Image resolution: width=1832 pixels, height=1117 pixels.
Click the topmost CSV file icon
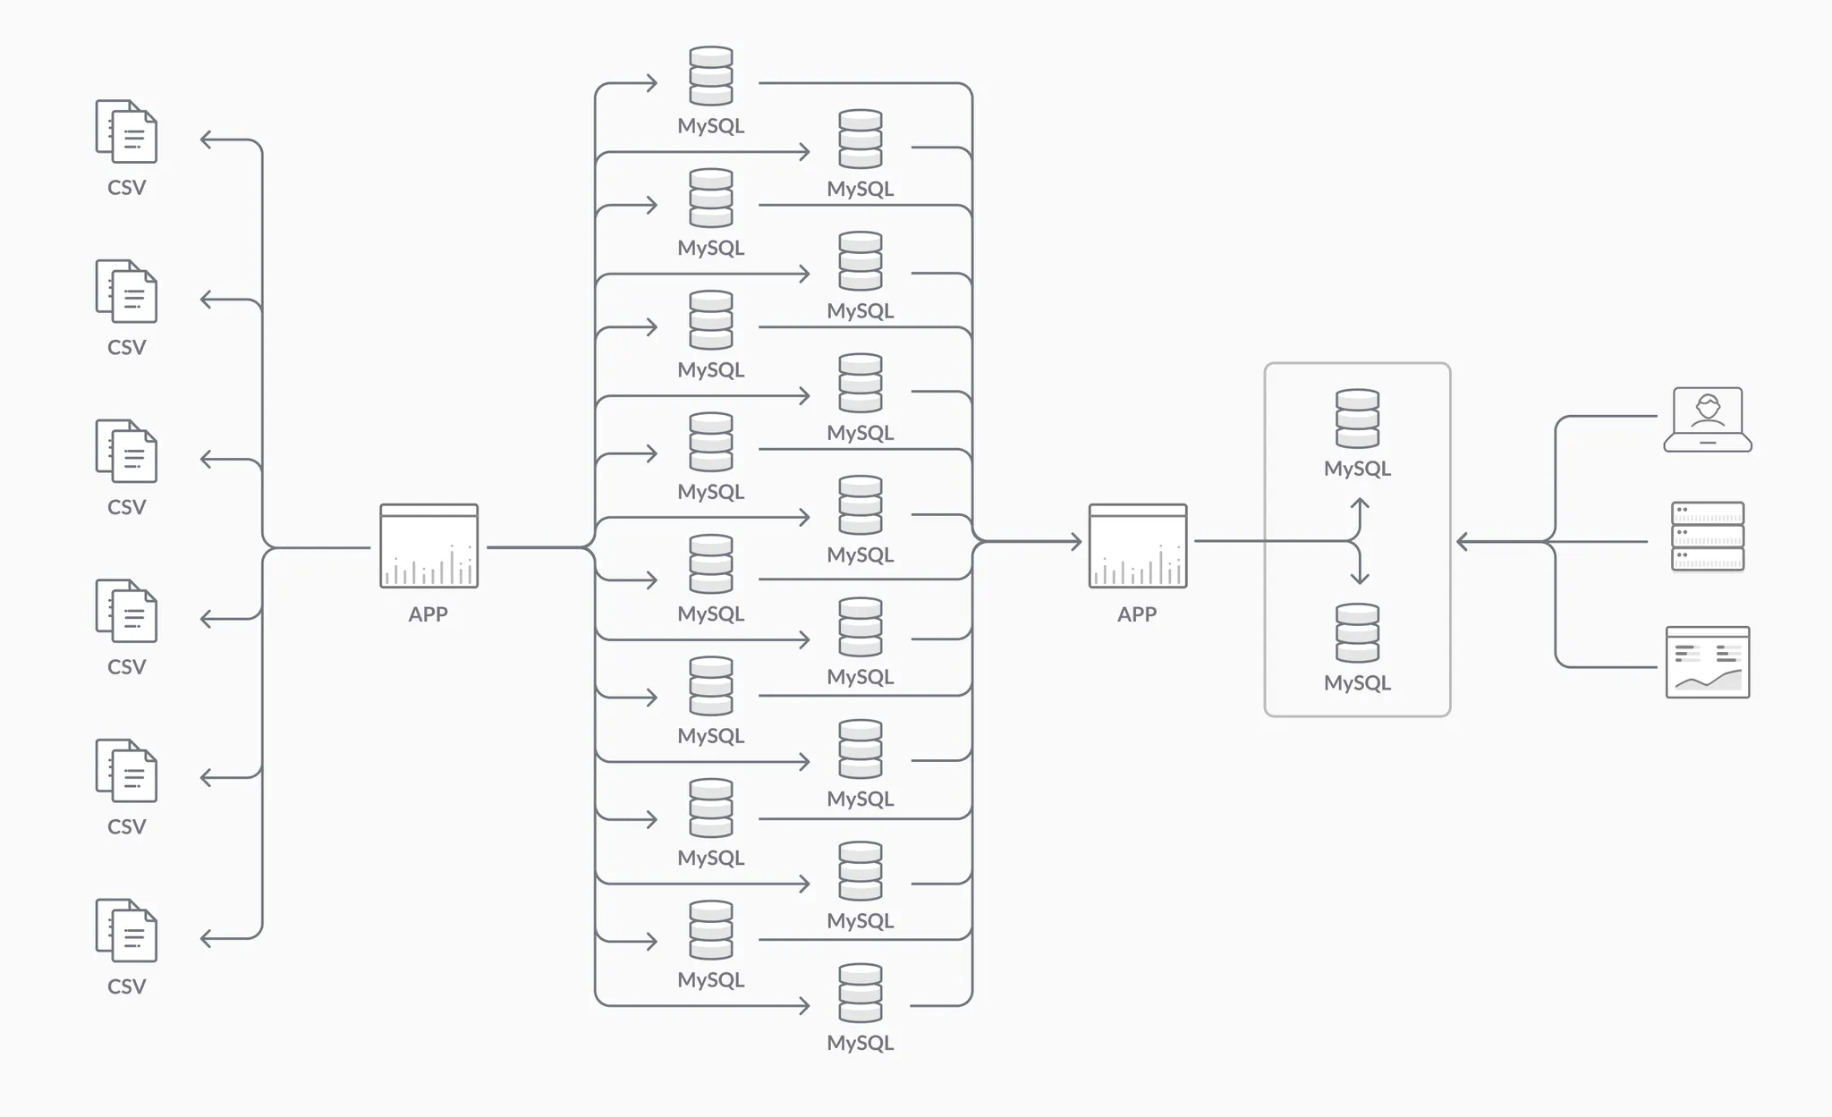pos(126,131)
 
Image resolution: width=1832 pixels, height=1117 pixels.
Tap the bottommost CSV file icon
pos(126,930)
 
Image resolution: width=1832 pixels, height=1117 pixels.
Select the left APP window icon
pos(428,546)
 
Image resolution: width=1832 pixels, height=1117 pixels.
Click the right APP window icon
pos(1137,546)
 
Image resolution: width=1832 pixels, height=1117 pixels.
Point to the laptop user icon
pos(1707,419)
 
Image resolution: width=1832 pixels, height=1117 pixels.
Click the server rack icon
pos(1707,536)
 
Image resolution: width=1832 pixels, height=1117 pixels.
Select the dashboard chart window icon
pos(1707,662)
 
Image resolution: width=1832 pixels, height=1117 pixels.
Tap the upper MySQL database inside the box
pos(1357,418)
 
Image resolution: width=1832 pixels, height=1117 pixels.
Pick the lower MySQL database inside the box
pos(1357,633)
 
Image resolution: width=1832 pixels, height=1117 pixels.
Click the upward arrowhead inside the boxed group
pos(1360,503)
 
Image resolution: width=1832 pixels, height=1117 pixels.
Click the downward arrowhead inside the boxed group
pos(1360,580)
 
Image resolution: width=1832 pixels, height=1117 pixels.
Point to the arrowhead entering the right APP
pos(1077,541)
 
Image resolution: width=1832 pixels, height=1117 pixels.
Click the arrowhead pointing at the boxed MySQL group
pos(1462,541)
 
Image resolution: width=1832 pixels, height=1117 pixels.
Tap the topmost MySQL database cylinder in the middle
pos(711,76)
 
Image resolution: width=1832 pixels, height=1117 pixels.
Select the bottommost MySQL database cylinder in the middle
pos(861,993)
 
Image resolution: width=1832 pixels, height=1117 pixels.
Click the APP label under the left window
pos(428,614)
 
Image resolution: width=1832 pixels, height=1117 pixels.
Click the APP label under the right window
pos(1137,614)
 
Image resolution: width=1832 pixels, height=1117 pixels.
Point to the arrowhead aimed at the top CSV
pos(205,140)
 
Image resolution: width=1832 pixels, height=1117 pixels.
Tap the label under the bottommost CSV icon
pos(126,986)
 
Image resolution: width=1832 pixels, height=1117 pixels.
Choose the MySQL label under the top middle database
pos(711,126)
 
